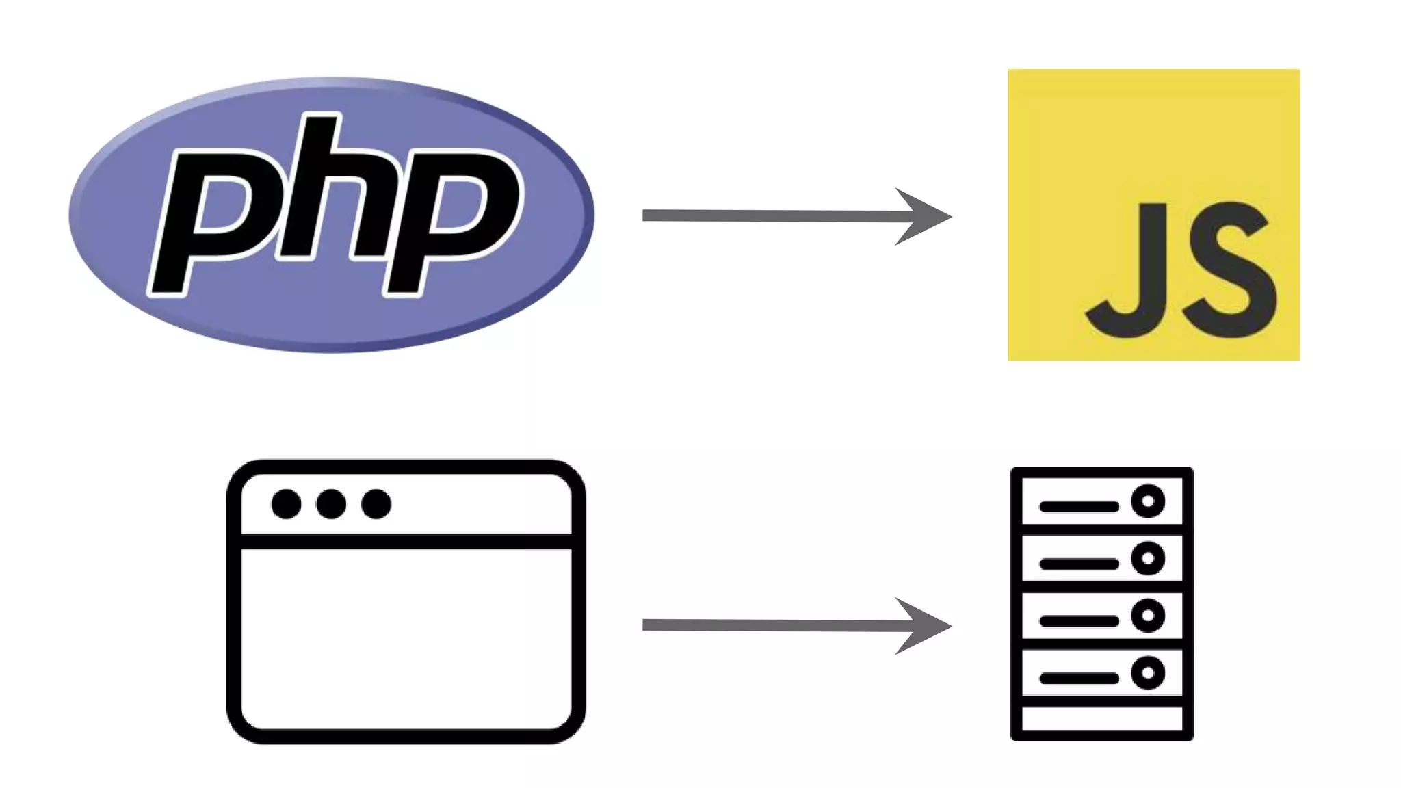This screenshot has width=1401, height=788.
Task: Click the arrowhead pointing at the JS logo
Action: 924,217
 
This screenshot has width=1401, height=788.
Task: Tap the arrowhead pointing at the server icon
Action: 924,626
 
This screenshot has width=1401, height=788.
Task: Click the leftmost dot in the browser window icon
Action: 286,504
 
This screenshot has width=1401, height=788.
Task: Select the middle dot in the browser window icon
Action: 331,504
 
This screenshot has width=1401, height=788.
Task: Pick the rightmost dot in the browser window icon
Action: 376,504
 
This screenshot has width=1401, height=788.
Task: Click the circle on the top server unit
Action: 1148,501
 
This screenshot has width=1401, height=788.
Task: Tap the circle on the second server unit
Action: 1148,558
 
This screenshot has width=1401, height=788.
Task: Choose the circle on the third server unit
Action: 1148,616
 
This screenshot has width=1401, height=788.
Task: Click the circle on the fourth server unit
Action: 1148,673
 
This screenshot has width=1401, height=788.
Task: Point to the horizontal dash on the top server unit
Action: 1079,507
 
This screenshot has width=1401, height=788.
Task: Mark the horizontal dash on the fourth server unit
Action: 1079,679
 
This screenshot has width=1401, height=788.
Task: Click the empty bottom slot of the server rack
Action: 1102,718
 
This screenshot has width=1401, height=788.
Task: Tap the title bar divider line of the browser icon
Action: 406,541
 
